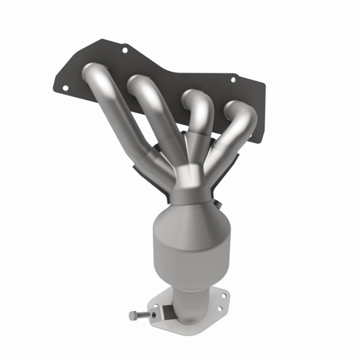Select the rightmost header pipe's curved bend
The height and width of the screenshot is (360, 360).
point(245,112)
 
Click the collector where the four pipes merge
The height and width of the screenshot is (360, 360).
point(190,180)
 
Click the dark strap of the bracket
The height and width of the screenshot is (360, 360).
point(166,310)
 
